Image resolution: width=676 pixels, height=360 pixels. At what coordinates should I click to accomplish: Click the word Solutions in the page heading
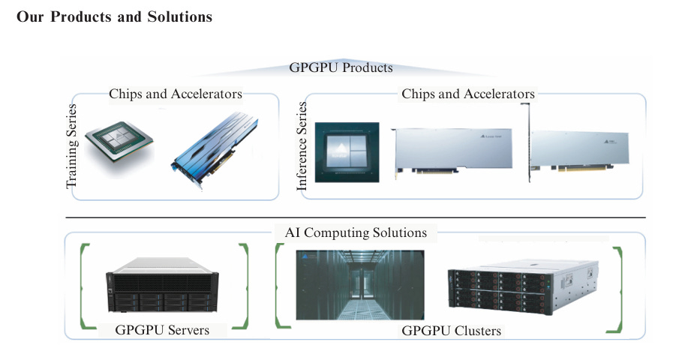[180, 16]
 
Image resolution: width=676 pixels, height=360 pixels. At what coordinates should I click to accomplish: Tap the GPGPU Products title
[341, 67]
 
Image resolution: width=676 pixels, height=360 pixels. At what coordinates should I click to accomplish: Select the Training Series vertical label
[71, 146]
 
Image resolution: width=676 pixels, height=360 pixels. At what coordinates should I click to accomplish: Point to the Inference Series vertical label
[302, 146]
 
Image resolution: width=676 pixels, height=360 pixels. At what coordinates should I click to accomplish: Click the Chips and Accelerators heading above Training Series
[176, 94]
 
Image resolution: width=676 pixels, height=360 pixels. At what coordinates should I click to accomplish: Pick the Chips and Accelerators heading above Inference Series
[468, 94]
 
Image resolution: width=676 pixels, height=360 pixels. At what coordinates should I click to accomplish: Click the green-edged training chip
[119, 141]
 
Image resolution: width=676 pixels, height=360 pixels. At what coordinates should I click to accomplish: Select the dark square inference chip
[347, 152]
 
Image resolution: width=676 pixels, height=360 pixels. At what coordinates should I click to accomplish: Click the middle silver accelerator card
[452, 151]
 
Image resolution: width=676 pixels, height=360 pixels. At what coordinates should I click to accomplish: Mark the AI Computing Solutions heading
[356, 232]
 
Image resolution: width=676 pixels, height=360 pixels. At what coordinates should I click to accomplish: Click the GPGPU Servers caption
[162, 330]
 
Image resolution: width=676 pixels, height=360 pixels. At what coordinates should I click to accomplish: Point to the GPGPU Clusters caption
[452, 331]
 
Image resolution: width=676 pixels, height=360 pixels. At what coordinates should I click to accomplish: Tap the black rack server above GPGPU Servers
[162, 285]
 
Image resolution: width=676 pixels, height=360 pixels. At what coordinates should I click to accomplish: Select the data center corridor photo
[360, 285]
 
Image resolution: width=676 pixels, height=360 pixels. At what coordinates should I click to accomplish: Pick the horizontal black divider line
[356, 217]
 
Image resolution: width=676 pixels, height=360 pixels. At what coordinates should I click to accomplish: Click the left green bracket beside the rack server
[82, 286]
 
